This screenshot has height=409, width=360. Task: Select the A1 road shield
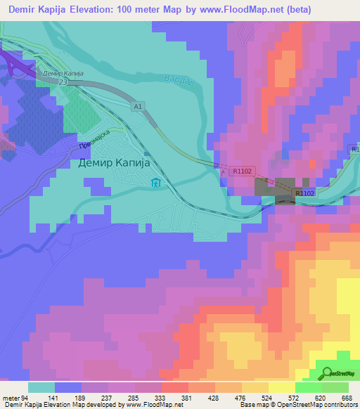138,106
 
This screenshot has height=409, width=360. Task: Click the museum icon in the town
155,184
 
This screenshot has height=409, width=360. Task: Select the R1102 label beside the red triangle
240,170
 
